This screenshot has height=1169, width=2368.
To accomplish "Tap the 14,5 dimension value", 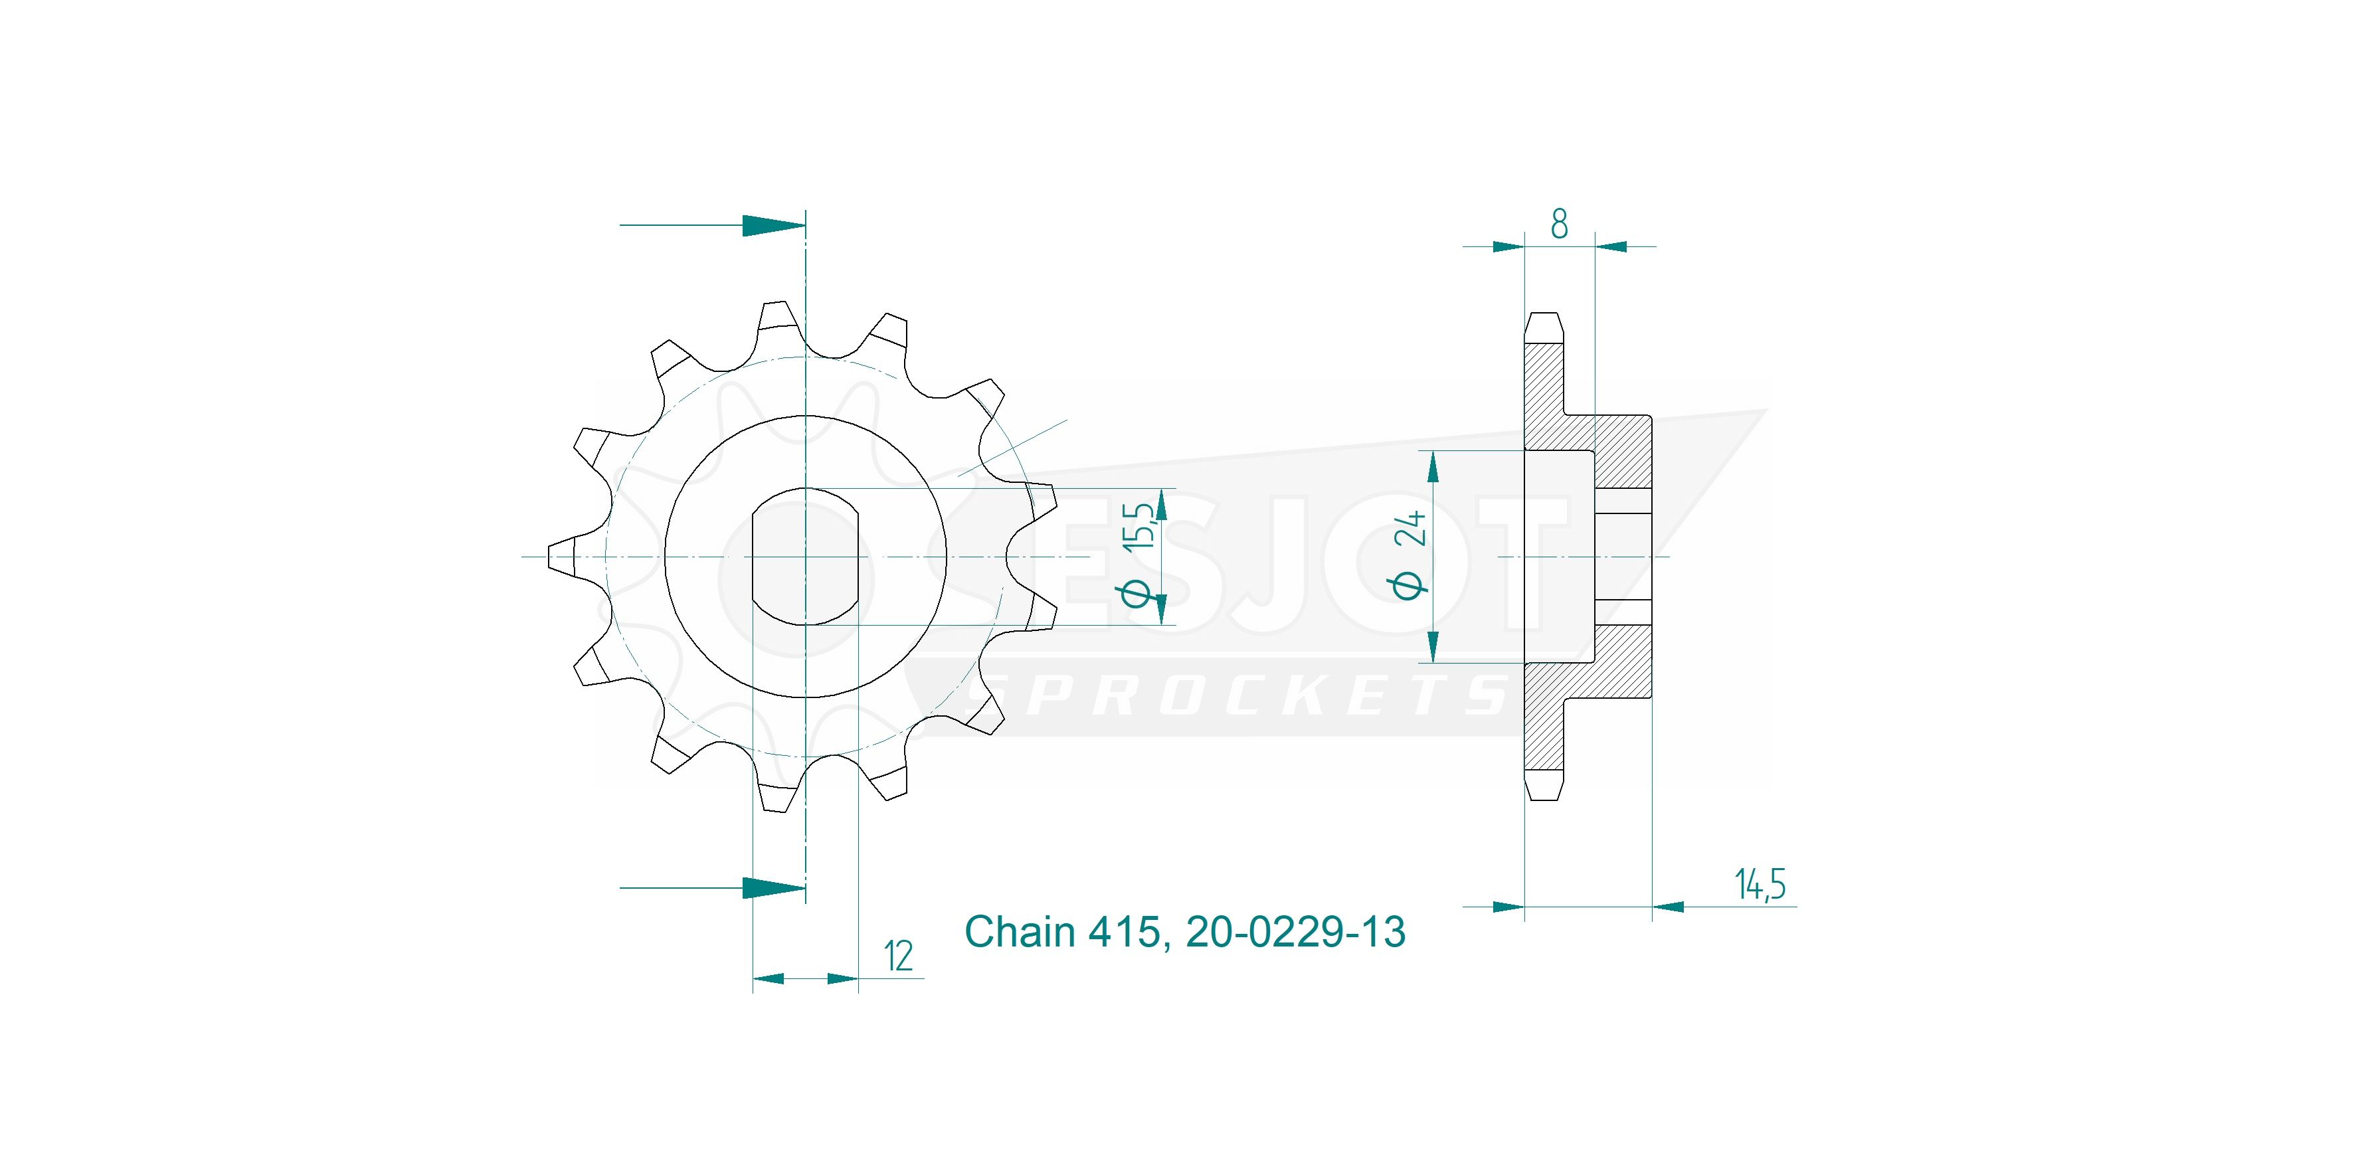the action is click(x=1760, y=884).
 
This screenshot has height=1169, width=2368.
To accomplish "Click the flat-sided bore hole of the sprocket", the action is click(x=805, y=557).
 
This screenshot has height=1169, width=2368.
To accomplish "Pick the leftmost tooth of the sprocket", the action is click(x=563, y=557).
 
